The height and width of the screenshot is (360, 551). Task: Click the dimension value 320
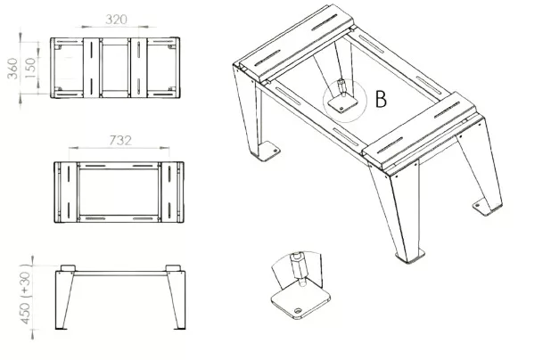(116, 20)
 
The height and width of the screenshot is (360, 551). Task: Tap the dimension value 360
(12, 68)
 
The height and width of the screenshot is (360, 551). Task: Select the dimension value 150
(31, 68)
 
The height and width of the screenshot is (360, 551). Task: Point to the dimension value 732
(120, 141)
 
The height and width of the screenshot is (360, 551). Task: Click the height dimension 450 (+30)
(26, 294)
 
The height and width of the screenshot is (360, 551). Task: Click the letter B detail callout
(381, 99)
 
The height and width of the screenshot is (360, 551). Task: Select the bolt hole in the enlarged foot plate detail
(298, 311)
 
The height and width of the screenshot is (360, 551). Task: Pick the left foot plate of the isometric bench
(268, 151)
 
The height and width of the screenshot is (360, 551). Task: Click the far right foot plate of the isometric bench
(487, 207)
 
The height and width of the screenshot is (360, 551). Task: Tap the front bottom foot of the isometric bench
(410, 256)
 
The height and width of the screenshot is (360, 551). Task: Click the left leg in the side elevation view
(64, 300)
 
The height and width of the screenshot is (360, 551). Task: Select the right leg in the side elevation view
(177, 300)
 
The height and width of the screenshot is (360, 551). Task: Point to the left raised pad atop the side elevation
(68, 268)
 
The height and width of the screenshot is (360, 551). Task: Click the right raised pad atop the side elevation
(173, 268)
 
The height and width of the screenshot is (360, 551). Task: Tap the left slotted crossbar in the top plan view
(91, 68)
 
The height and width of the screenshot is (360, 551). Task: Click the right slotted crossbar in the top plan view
(139, 68)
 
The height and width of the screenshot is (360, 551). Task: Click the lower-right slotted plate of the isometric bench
(420, 131)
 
